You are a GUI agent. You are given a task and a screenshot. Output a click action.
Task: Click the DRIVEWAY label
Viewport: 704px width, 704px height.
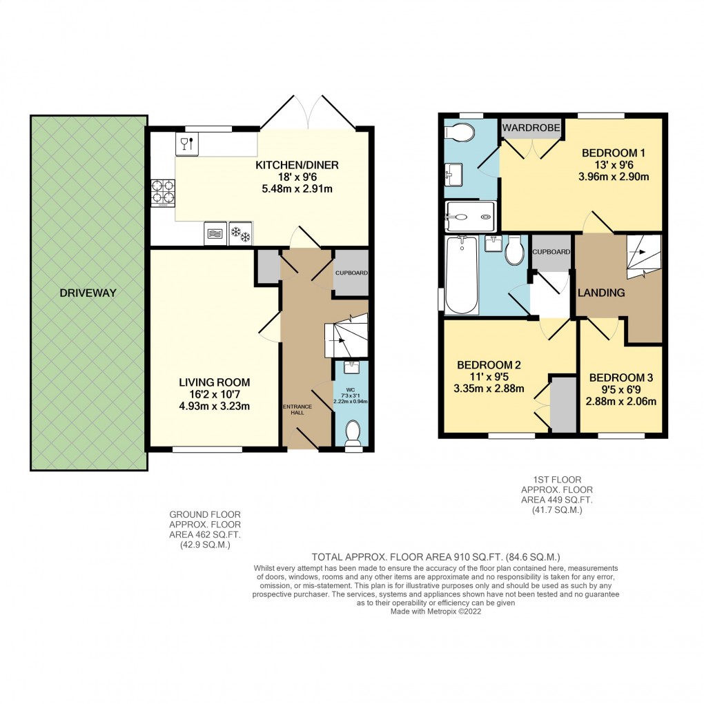coord(88,293)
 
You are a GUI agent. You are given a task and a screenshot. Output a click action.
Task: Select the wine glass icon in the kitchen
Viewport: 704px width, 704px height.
coord(187,144)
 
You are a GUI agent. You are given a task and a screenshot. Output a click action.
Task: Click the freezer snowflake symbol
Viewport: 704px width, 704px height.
coord(241,233)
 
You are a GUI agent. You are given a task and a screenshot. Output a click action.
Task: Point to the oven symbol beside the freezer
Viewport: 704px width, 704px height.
coord(215,233)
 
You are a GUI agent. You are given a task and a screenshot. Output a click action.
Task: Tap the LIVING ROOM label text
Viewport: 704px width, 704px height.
coord(214,382)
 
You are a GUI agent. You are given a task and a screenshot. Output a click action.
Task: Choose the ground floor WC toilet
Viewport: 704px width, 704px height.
coord(353,433)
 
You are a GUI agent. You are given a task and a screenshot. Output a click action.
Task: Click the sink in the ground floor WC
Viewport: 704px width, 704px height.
coord(351,368)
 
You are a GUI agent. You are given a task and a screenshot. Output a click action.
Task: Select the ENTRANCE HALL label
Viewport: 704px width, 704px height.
coord(297,409)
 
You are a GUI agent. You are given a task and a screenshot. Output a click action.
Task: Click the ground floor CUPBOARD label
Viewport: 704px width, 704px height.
coord(351,273)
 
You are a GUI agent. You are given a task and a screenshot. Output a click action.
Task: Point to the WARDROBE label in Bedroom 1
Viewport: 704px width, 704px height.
coord(531,128)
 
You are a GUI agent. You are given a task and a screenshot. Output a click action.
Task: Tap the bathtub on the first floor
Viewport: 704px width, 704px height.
coord(462,275)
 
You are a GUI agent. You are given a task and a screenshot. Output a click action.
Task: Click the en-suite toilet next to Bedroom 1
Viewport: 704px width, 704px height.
coord(459,133)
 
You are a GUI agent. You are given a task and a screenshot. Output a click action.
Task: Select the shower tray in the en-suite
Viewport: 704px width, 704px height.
coord(470,217)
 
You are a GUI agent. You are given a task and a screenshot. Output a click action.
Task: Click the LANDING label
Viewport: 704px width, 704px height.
coord(601,293)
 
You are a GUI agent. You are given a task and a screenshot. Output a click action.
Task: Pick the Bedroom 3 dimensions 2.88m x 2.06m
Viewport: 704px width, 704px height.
coord(621,402)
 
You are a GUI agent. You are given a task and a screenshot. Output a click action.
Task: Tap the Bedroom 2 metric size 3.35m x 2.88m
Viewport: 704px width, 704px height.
coord(489,389)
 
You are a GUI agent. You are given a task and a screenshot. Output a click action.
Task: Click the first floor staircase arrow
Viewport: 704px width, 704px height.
coord(638,252)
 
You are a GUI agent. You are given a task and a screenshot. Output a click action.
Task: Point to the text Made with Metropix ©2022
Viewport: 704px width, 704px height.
coord(436,611)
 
